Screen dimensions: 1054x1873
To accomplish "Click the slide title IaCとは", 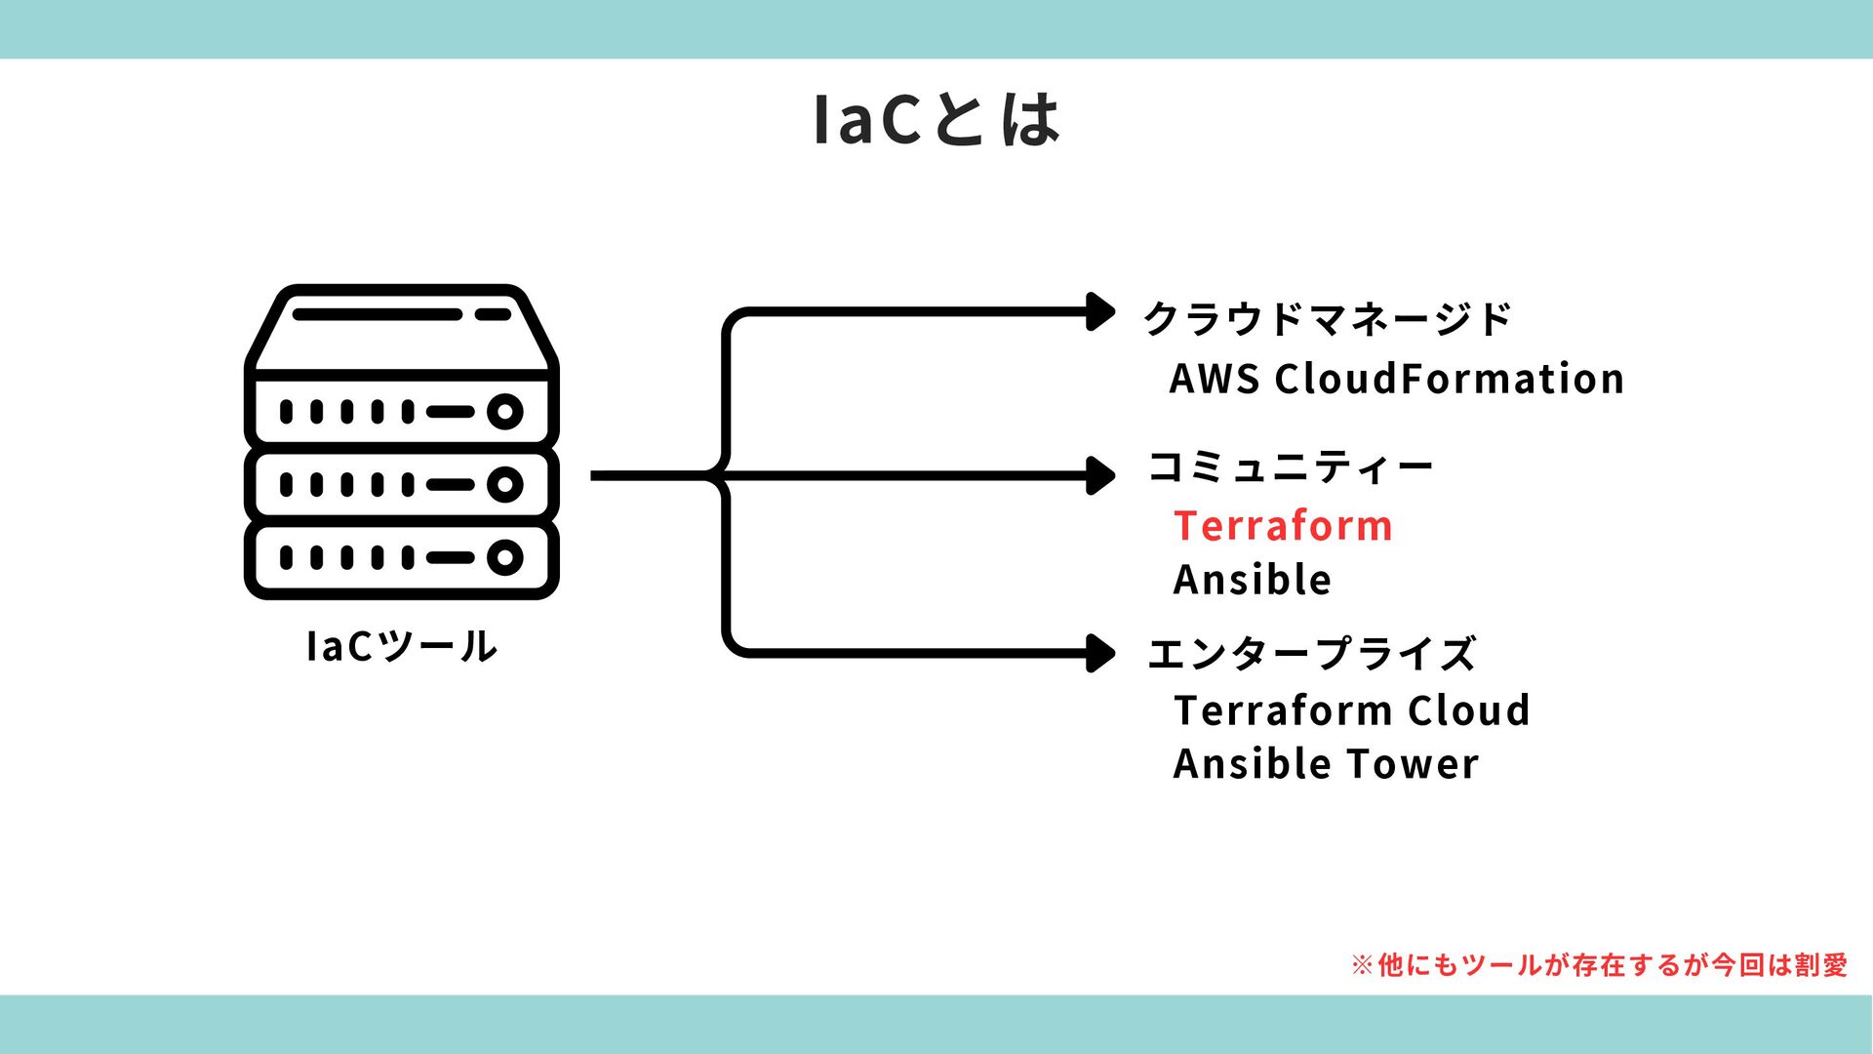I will click(x=936, y=119).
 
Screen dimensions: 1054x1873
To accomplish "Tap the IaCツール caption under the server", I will click(x=401, y=646).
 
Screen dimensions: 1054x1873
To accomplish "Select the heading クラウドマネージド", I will click(x=1327, y=319).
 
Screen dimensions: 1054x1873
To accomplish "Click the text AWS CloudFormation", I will click(x=1396, y=379).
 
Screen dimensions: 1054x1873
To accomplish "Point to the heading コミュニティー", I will click(x=1290, y=467).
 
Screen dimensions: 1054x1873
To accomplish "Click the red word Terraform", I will click(x=1283, y=526).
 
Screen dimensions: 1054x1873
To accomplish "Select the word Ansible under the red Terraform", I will click(x=1253, y=580).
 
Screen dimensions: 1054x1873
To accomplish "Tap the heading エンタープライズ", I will click(x=1311, y=654).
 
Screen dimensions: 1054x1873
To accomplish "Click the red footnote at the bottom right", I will click(x=1599, y=965).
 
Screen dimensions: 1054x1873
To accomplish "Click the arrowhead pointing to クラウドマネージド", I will click(x=1101, y=312).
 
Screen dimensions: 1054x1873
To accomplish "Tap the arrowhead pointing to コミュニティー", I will click(x=1101, y=476).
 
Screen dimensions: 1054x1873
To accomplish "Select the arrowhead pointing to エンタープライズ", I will click(x=1101, y=653).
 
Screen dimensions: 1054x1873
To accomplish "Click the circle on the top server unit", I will click(x=504, y=412).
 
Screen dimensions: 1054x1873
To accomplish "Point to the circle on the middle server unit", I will click(x=504, y=484).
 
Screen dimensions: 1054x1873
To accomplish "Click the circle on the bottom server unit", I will click(x=504, y=557).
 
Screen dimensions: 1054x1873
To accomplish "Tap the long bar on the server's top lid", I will click(x=377, y=314).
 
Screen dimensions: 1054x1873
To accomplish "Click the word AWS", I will click(x=1214, y=379).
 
